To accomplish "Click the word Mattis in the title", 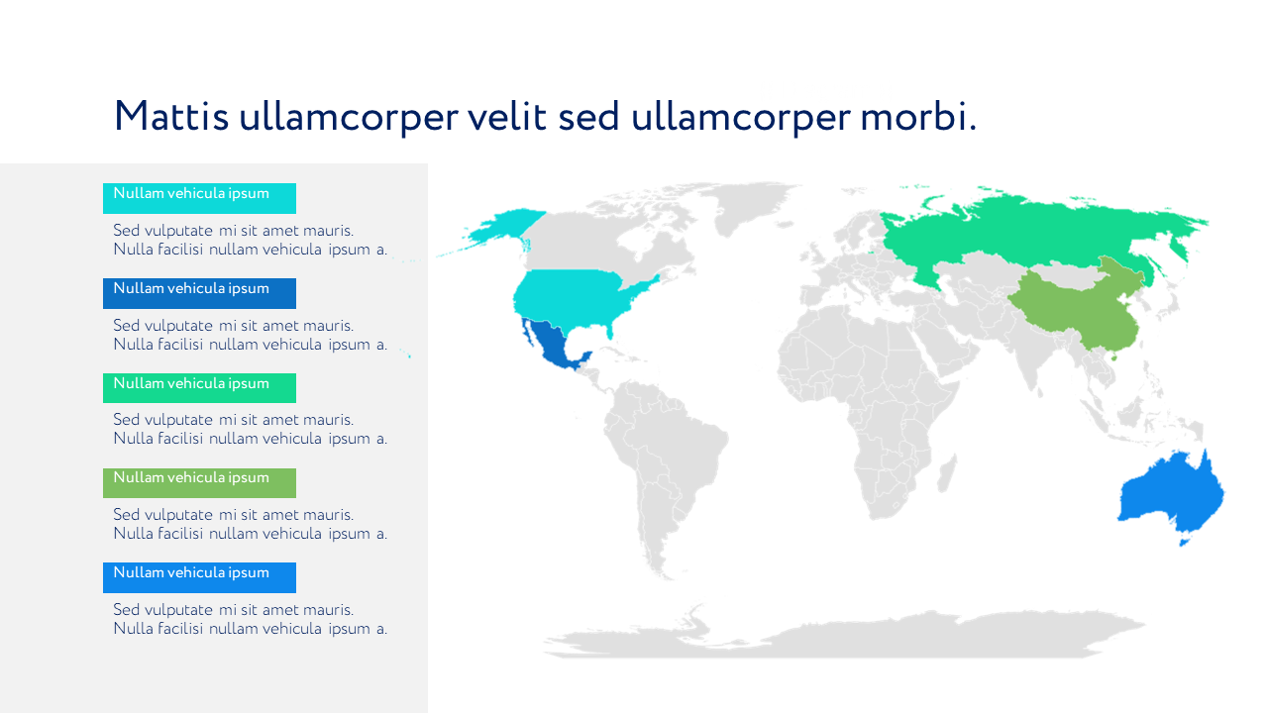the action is point(171,117).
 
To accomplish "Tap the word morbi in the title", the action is point(918,117).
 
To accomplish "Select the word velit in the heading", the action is point(507,117).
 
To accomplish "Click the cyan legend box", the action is point(199,198).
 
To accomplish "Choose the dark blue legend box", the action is point(199,293).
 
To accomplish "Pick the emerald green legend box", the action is point(199,387).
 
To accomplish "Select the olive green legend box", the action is point(199,482).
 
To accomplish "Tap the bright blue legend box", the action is point(199,577).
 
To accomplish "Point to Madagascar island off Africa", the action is point(946,473).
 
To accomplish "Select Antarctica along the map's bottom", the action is point(843,637).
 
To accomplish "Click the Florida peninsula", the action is point(609,331).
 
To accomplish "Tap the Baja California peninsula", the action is point(528,334).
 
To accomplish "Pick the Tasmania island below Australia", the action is point(1184,541).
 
